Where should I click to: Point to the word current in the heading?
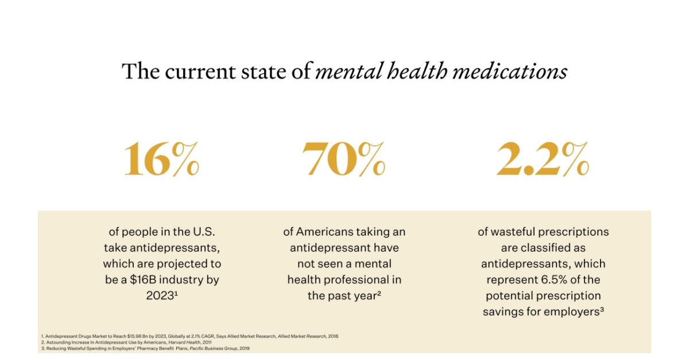click(189, 72)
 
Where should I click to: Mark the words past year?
click(353, 296)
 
